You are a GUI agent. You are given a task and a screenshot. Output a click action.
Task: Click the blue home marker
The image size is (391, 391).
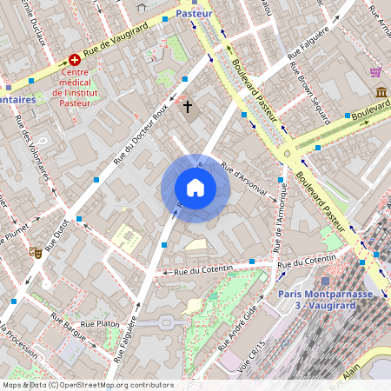195,188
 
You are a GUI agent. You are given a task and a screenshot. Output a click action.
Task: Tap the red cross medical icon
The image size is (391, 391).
75,60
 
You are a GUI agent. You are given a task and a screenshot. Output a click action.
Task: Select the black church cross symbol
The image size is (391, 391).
188,106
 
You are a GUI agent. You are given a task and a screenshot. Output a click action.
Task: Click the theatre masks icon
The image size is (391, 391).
36,253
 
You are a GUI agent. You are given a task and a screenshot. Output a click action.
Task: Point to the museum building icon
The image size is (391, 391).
381,92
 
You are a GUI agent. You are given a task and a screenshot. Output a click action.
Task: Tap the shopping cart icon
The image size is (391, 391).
375,71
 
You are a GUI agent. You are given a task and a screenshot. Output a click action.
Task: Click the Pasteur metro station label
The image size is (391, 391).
194,14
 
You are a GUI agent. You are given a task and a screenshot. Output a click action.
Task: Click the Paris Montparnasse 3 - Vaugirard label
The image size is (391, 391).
324,299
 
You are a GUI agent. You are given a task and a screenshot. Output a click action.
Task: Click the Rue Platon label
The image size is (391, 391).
99,323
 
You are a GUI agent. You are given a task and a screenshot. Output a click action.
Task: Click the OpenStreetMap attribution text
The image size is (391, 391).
88,385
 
